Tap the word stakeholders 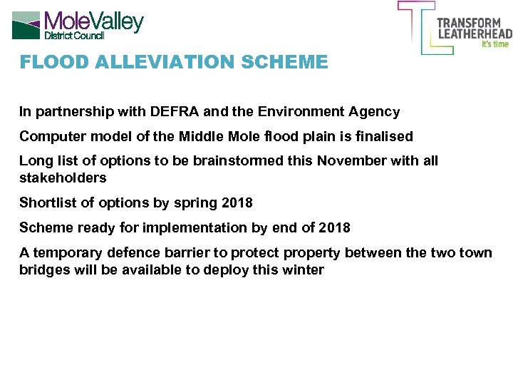point(63,178)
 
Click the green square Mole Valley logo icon point(26,24)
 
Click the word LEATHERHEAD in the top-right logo point(474,33)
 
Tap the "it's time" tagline point(495,44)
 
